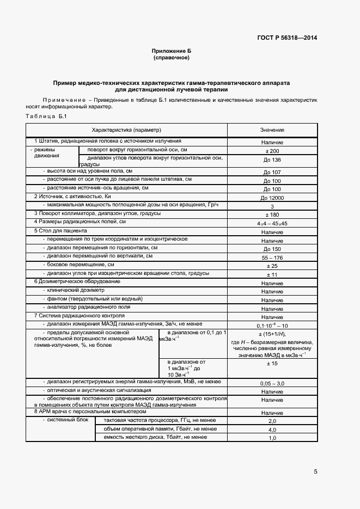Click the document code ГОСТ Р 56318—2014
287,38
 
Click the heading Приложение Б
171,51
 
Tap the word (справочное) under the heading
171,57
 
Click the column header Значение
272,130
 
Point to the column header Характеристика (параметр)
127,130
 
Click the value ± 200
272,151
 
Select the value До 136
272,160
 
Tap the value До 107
272,172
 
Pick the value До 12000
272,198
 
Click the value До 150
272,249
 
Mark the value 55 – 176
272,257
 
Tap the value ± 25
272,266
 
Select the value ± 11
272,274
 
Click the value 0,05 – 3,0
272,384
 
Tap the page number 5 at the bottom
315,471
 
